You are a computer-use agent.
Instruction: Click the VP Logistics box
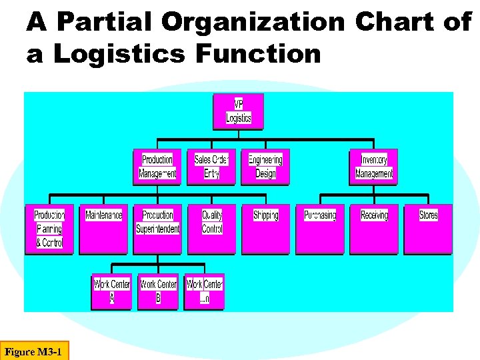[x=238, y=112]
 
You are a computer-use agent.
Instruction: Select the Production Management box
[x=157, y=167]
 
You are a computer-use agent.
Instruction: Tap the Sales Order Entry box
[x=211, y=167]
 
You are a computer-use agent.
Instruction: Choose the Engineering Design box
[x=265, y=167]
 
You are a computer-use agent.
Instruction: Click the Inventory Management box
[x=373, y=167]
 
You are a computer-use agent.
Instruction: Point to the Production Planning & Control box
[x=49, y=229]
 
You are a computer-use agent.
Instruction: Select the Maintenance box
[x=103, y=229]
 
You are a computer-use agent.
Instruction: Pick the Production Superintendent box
[x=157, y=229]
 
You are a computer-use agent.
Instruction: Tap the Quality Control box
[x=211, y=229]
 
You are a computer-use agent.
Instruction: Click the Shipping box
[x=265, y=229]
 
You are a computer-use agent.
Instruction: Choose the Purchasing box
[x=319, y=229]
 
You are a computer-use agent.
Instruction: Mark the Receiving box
[x=373, y=229]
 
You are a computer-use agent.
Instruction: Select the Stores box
[x=428, y=229]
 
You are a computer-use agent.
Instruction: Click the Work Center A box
[x=112, y=291]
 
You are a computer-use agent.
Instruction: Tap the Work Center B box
[x=158, y=291]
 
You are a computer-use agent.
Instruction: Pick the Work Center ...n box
[x=204, y=291]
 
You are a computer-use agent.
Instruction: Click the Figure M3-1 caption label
[x=34, y=351]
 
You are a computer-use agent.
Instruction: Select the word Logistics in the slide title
[x=120, y=54]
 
